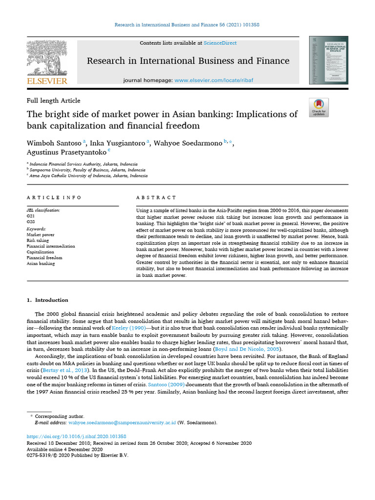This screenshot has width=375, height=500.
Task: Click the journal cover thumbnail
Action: [329, 60]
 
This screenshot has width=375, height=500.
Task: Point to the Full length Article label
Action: [53, 101]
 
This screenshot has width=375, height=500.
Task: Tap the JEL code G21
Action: [31, 215]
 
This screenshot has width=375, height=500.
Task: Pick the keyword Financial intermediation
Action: [51, 246]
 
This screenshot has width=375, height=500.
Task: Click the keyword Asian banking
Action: [41, 264]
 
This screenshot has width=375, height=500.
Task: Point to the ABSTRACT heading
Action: [156, 198]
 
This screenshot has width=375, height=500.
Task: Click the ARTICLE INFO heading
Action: [54, 198]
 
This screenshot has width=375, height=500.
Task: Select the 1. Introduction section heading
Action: [47, 300]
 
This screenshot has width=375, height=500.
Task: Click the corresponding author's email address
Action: [122, 422]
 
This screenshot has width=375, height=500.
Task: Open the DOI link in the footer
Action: [76, 436]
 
